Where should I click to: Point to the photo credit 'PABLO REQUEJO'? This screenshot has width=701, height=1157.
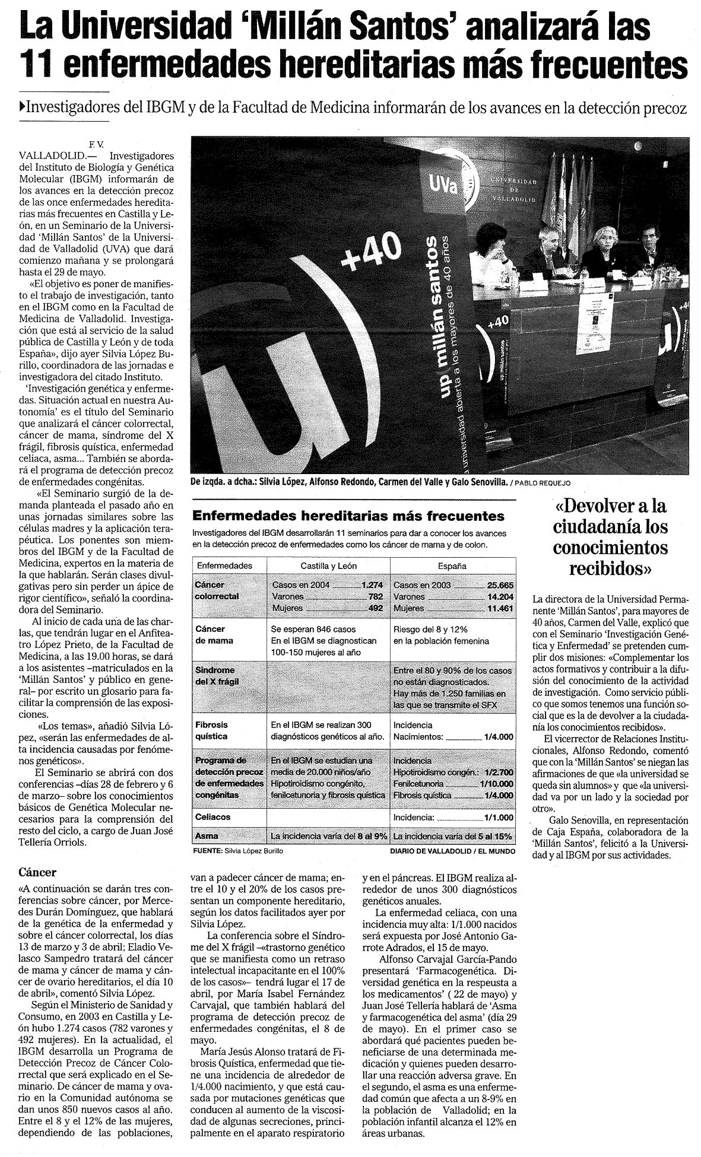(x=544, y=482)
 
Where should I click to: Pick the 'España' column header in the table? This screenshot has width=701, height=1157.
(x=452, y=565)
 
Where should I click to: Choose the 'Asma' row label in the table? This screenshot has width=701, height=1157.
(x=207, y=836)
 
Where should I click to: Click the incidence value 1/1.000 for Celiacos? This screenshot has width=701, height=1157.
(x=499, y=817)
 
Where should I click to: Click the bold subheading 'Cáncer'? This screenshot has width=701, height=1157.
(x=37, y=872)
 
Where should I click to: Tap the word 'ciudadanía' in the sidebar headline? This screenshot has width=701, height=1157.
(x=610, y=526)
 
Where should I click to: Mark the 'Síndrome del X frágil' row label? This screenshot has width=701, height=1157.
(x=217, y=676)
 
